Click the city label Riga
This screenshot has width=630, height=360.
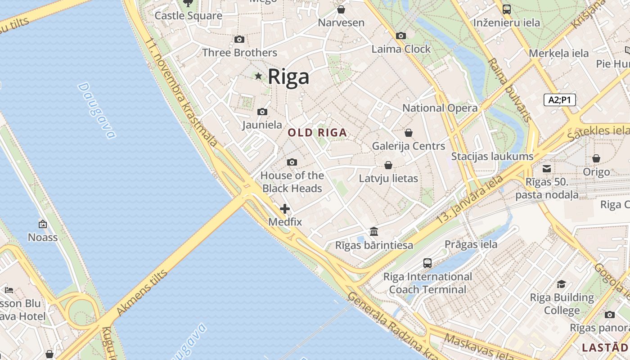[288, 76]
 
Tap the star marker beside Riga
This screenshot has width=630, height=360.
[258, 76]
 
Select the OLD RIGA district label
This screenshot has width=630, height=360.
[317, 133]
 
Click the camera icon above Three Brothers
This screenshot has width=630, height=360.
[239, 40]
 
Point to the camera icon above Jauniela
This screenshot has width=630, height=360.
[262, 112]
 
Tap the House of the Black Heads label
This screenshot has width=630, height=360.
[292, 182]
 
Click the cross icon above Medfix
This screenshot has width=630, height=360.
[285, 209]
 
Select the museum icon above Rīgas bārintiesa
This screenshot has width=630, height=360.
[374, 232]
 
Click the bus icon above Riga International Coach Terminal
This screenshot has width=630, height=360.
[427, 263]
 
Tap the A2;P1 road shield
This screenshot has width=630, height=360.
[560, 100]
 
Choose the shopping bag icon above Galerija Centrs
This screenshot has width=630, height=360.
[409, 133]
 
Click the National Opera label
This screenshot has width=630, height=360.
[440, 108]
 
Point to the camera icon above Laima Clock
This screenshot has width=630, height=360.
[400, 36]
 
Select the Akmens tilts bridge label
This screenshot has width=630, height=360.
[142, 292]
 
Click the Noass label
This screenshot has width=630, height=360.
[43, 237]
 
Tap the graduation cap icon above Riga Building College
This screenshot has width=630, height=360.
[562, 284]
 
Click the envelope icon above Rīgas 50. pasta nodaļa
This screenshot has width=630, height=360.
[547, 169]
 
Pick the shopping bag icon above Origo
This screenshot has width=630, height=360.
[596, 158]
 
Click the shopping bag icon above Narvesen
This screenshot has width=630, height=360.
[341, 9]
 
